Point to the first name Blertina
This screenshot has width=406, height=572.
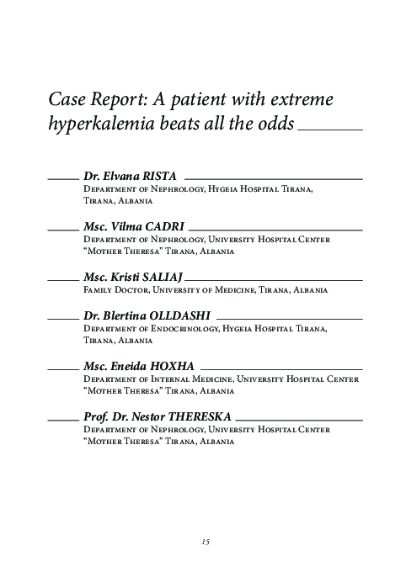point(124,315)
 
